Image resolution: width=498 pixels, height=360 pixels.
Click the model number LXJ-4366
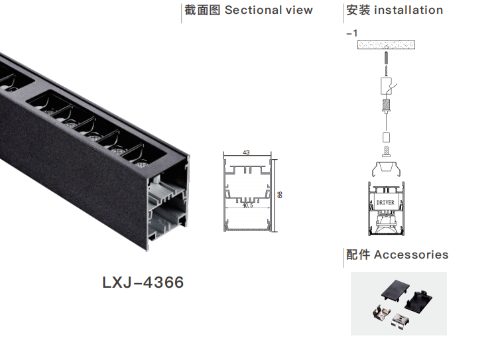pos(143,282)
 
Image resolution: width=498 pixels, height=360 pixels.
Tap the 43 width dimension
pos(246,152)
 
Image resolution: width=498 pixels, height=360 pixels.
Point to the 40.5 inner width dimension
pos(247,206)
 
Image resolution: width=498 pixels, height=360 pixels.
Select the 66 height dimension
pos(280,195)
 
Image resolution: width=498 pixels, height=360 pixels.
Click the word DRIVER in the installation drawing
pos(385,202)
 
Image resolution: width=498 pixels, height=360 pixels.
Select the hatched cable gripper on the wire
pos(386,105)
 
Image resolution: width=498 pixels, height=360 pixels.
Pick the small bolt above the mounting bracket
pos(386,154)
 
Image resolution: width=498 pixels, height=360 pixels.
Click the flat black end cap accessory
pos(395,290)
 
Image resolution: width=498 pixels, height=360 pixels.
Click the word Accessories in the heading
pos(411,255)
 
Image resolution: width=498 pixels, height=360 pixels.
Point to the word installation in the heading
pos(408,10)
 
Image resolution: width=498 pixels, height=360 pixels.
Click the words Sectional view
pos(269,10)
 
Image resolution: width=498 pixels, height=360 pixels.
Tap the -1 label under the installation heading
pos(352,32)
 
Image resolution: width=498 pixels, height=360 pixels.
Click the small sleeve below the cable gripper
pos(386,137)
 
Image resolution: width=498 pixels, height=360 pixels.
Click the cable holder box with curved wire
pos(386,86)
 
